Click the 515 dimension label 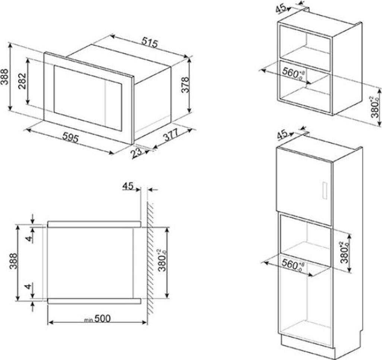(150, 43)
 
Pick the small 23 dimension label (137, 153)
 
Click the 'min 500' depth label (98, 319)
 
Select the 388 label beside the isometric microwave (4, 76)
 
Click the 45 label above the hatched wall (128, 186)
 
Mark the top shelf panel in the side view (94, 224)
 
